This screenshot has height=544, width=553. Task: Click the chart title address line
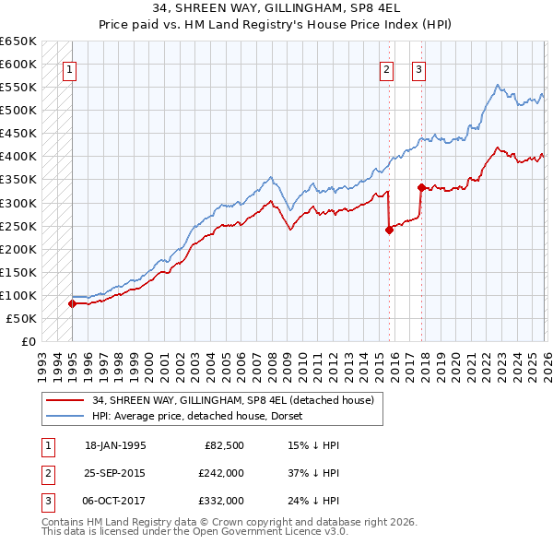276,9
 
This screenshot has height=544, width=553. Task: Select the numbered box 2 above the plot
387,68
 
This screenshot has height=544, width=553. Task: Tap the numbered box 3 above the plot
418,68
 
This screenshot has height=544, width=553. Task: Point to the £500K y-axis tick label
18,110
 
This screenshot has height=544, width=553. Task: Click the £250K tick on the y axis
18,226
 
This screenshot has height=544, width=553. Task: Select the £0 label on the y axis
28,341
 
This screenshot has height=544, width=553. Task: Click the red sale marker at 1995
72,303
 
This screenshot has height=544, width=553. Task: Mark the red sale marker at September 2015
389,231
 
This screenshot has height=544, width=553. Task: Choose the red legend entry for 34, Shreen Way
232,400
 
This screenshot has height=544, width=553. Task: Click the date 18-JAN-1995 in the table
115,445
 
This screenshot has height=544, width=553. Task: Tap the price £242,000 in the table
221,473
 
